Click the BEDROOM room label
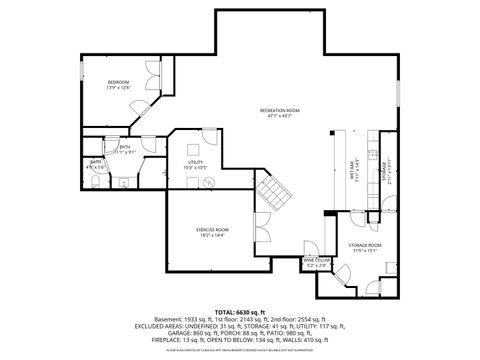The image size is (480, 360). pos(118,82)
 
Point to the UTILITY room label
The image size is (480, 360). pos(195,162)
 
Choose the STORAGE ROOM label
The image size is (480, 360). pos(365,245)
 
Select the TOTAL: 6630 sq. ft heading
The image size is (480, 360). pos(240,311)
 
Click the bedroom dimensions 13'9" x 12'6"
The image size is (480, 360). pos(118,88)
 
